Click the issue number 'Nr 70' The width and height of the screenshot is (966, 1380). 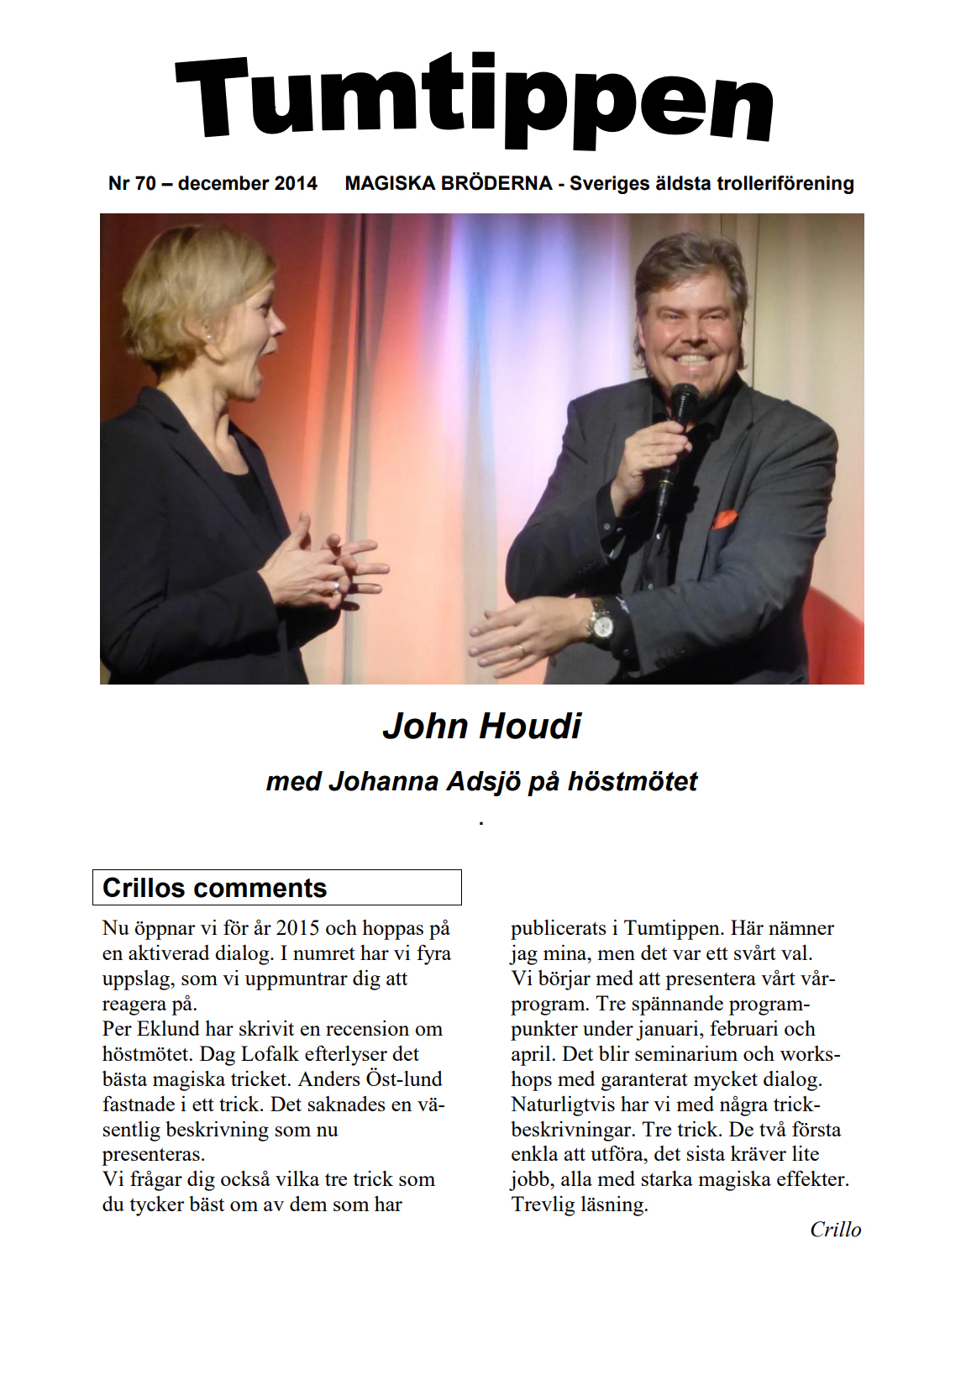pyautogui.click(x=132, y=183)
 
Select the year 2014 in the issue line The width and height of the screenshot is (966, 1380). pyautogui.click(x=295, y=183)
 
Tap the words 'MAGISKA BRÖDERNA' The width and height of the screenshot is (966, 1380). pyautogui.click(x=449, y=183)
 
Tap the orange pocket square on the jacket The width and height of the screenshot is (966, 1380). pyautogui.click(x=725, y=519)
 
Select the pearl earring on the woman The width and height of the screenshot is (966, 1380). pyautogui.click(x=208, y=337)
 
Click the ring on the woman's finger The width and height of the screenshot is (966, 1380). pyautogui.click(x=336, y=586)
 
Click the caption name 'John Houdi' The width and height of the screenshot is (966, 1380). pyautogui.click(x=481, y=727)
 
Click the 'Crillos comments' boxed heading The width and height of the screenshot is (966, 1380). pyautogui.click(x=215, y=888)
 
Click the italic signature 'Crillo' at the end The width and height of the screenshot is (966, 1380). pyautogui.click(x=835, y=1230)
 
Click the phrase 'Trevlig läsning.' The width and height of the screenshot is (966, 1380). pyautogui.click(x=580, y=1204)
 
